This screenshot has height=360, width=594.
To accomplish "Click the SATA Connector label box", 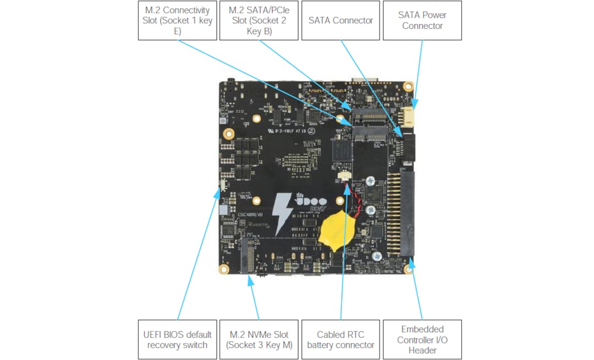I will pos(340,20).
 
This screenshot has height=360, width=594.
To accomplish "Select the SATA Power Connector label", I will pos(422,20).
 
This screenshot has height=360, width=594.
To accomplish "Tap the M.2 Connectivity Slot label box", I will pos(177,20).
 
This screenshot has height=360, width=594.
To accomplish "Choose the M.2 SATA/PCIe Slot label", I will pos(258,20).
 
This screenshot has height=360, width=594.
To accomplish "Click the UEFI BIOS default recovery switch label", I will pos(177,340).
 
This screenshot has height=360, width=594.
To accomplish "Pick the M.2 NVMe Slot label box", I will pos(258,340).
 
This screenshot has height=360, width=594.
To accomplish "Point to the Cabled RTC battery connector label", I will pos(340,340).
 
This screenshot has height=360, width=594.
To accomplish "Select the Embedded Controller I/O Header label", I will pos(422,340).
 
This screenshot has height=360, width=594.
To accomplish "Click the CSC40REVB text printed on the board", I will pos(251,215).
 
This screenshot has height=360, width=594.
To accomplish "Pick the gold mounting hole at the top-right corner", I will pos(408,86).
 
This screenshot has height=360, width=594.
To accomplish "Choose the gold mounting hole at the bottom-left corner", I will pos(224,269).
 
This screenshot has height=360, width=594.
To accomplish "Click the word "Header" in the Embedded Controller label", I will pos(422,350).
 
